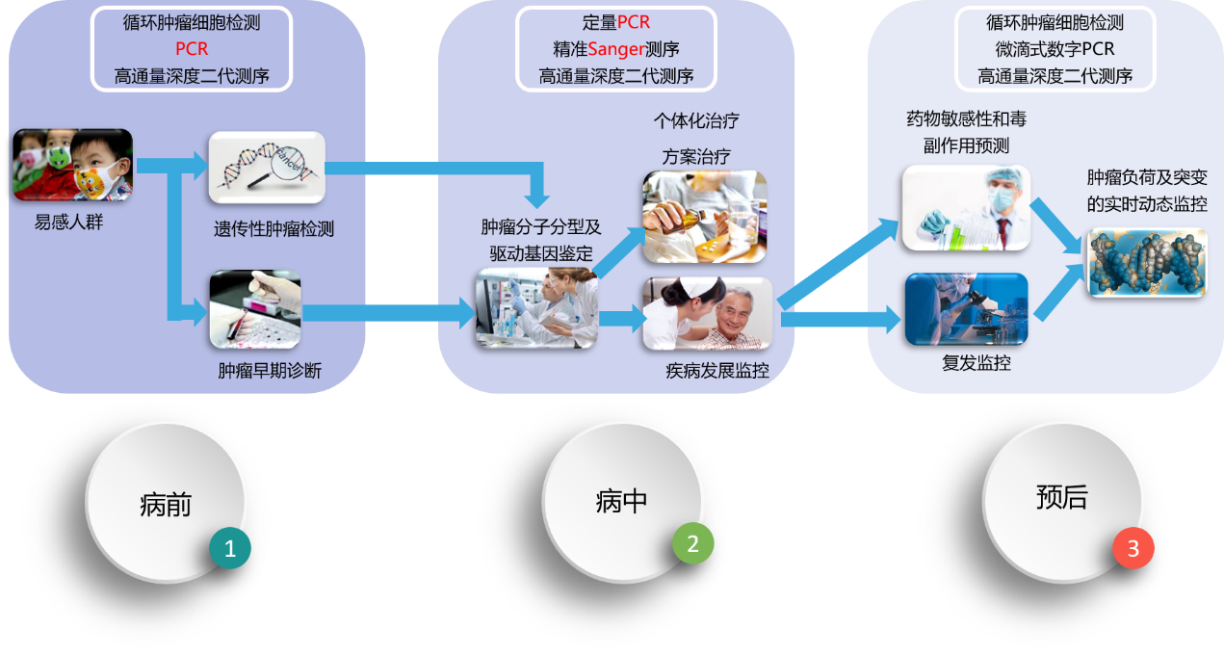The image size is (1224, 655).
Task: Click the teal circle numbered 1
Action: pyautogui.click(x=230, y=549)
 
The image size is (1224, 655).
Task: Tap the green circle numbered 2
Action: pyautogui.click(x=693, y=544)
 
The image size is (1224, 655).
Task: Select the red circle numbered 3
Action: pyautogui.click(x=1133, y=549)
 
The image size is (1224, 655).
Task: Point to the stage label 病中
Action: pyautogui.click(x=621, y=501)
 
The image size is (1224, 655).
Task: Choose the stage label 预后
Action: pyautogui.click(x=1061, y=498)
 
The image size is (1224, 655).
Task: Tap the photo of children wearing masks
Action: pyautogui.click(x=72, y=166)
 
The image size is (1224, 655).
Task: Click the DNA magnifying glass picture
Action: pyautogui.click(x=267, y=168)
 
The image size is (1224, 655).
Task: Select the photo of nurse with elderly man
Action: pyautogui.click(x=708, y=314)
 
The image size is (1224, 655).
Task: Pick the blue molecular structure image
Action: pyautogui.click(x=1146, y=262)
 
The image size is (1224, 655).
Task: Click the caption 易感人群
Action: pyautogui.click(x=68, y=223)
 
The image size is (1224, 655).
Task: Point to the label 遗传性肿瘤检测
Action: pyautogui.click(x=273, y=230)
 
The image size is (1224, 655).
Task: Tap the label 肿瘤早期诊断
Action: pyautogui.click(x=270, y=370)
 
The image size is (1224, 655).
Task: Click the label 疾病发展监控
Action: pyautogui.click(x=717, y=370)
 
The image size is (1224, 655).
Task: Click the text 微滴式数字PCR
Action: pyautogui.click(x=1055, y=49)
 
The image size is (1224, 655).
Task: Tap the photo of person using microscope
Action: pyautogui.click(x=965, y=309)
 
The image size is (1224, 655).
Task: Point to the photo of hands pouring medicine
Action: pyautogui.click(x=704, y=216)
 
